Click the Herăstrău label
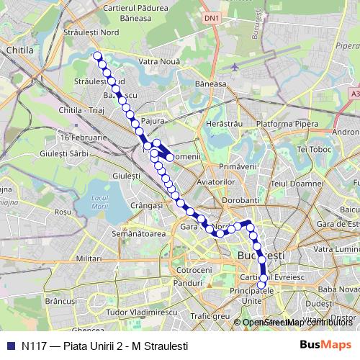(x=220, y=125)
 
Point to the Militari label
(x=89, y=257)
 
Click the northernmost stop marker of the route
(x=97, y=55)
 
